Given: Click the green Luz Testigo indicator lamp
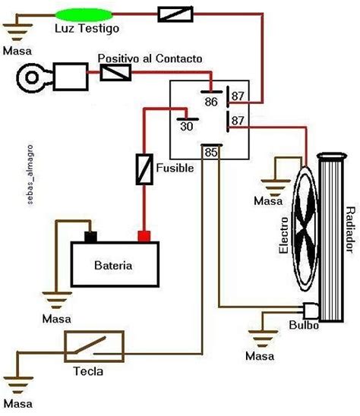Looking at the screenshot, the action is [x=84, y=15].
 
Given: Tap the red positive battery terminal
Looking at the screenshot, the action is [x=144, y=236].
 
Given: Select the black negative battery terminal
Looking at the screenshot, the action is [x=90, y=237].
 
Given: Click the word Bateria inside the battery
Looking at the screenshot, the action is [x=113, y=265].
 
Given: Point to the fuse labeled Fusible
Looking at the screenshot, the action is [x=144, y=169].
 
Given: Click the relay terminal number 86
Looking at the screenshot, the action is [x=211, y=102].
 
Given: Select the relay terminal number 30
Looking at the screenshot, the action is [x=187, y=126].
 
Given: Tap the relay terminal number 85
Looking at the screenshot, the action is [x=211, y=153].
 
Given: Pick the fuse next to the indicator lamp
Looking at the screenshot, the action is [x=175, y=14].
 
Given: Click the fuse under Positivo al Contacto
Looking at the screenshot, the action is [x=115, y=72].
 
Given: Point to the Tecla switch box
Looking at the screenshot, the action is [x=94, y=346].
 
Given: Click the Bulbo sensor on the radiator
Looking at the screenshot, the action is [x=311, y=310].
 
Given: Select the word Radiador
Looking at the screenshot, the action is [x=350, y=230].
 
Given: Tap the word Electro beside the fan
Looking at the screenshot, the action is [x=283, y=235].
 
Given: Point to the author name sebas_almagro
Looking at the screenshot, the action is [x=30, y=175].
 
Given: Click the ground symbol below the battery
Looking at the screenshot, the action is [x=57, y=300].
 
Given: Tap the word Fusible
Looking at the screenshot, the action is [x=175, y=168].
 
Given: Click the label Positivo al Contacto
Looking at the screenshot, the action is [x=150, y=58].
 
